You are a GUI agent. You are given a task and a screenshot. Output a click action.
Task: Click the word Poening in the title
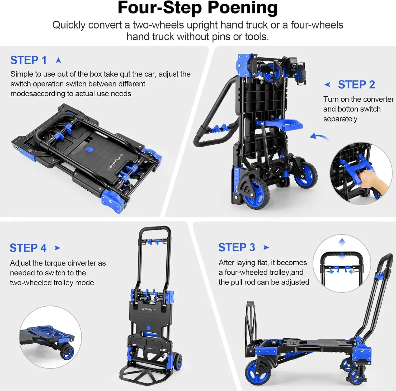click(x=243, y=8)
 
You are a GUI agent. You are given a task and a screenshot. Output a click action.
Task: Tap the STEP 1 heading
click(x=29, y=60)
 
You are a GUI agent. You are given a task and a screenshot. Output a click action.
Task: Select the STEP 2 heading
click(x=356, y=84)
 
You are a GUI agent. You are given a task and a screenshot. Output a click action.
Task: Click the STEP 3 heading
click(x=237, y=247)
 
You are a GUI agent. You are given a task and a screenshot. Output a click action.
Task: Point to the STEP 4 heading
click(x=28, y=248)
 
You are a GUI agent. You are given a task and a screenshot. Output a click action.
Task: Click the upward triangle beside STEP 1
click(x=59, y=60)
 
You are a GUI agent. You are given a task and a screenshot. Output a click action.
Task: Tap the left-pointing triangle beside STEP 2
click(x=327, y=84)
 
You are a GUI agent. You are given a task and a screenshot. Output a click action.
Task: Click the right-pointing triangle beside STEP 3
click(x=266, y=247)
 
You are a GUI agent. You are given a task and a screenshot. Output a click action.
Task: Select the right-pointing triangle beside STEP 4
click(x=57, y=248)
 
